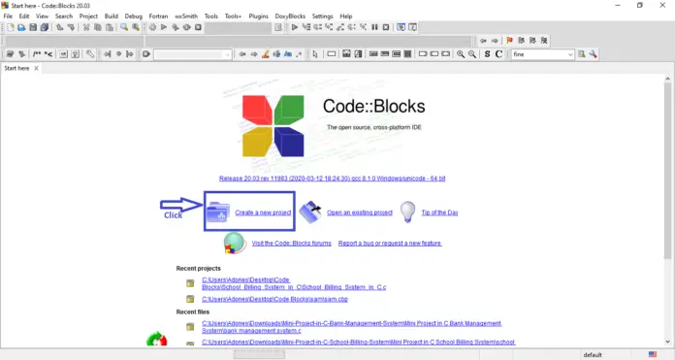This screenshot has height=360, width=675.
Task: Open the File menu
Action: click(x=8, y=16)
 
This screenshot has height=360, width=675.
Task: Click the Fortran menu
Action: click(x=160, y=16)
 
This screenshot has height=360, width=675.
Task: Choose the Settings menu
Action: click(x=323, y=16)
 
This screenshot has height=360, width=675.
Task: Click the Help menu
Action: click(x=347, y=16)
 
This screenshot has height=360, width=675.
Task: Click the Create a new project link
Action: click(x=263, y=212)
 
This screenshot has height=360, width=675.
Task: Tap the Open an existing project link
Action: click(x=359, y=212)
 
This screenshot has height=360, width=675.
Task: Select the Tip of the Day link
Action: click(x=439, y=212)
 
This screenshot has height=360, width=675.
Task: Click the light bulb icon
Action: click(x=408, y=211)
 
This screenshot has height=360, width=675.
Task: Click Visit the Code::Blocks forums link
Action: click(x=291, y=243)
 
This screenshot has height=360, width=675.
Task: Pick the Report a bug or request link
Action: click(x=390, y=243)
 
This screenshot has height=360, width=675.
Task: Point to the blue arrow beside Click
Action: click(x=178, y=204)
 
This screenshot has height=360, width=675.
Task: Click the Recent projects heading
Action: click(x=198, y=268)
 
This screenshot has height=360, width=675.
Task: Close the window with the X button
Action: click(x=664, y=6)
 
